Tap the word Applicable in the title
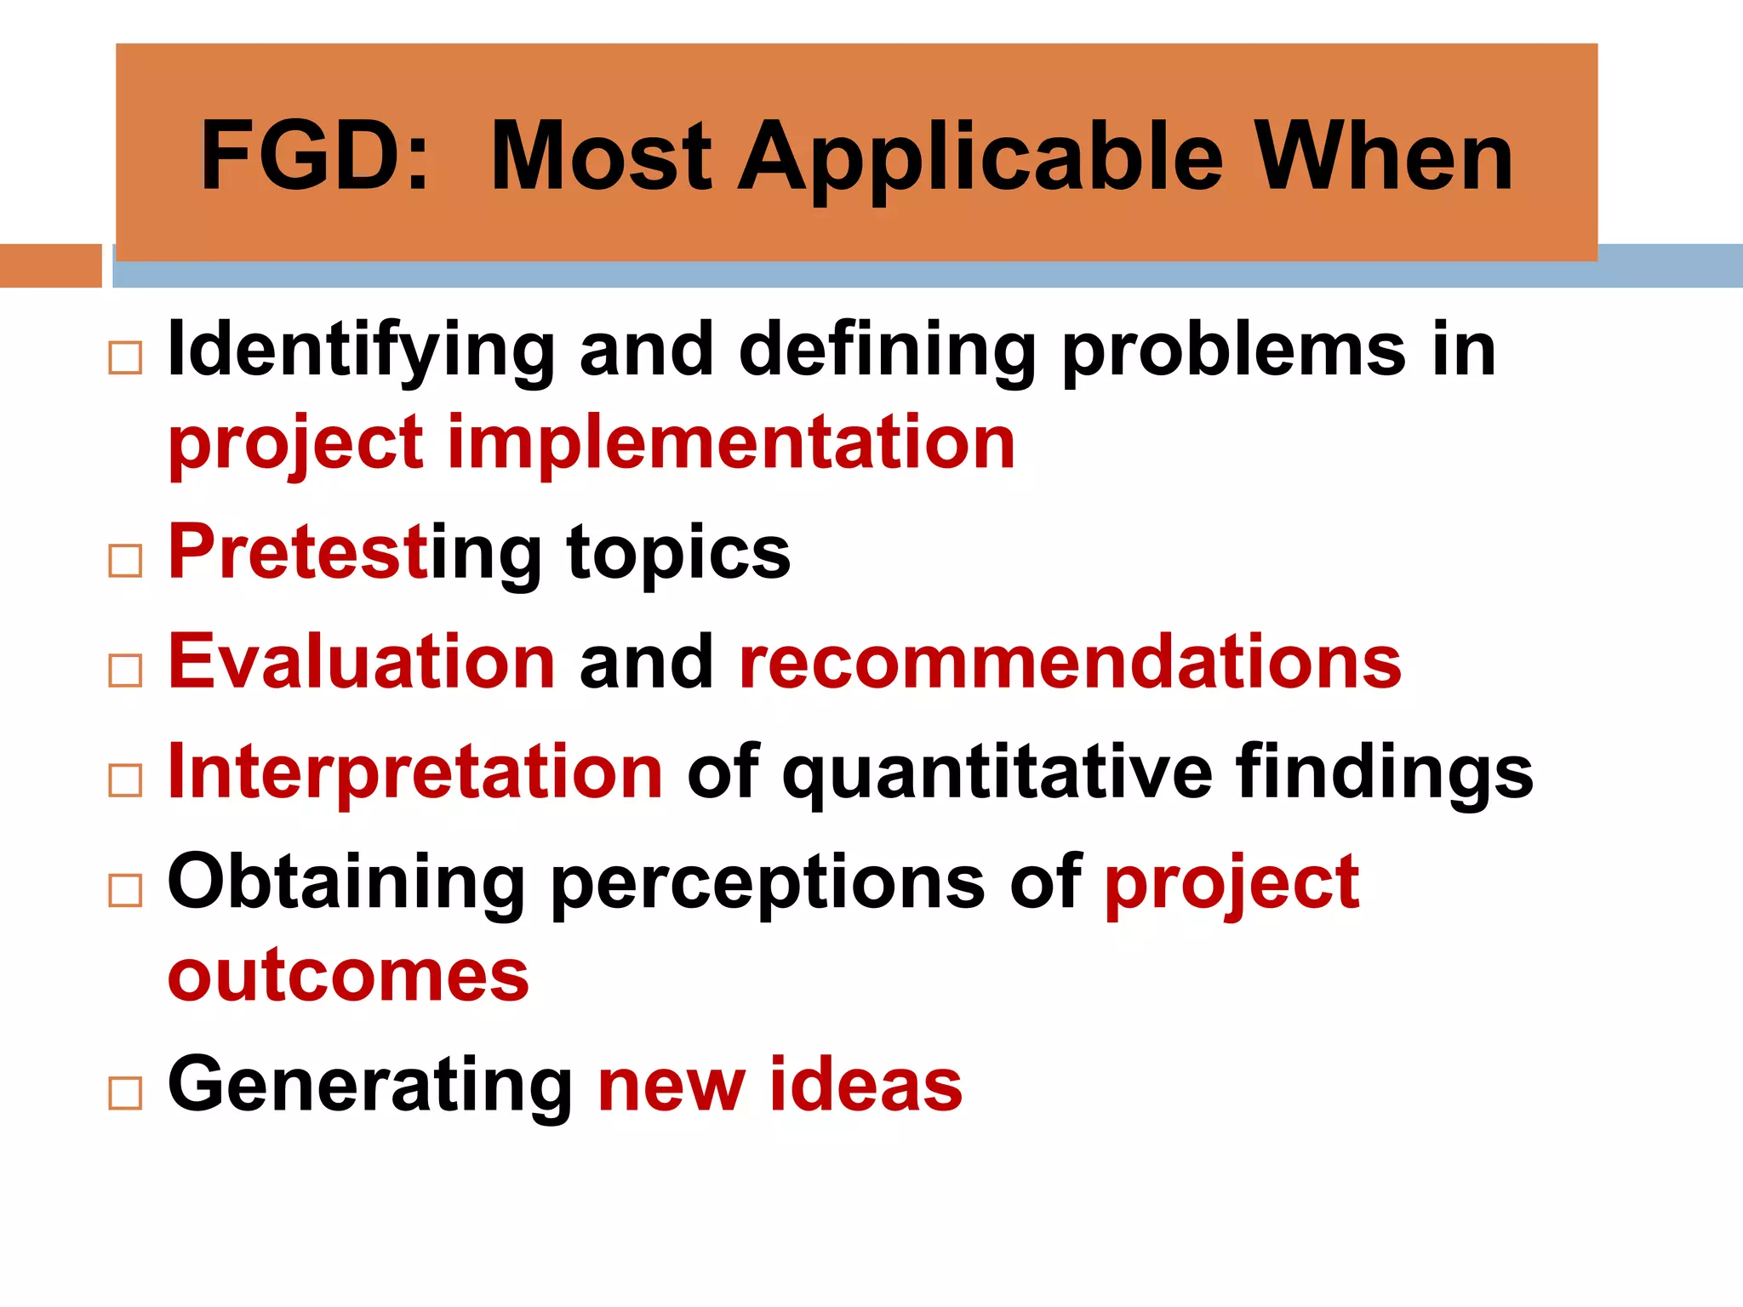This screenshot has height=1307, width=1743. [x=980, y=158]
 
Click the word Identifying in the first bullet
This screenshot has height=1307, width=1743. [x=362, y=351]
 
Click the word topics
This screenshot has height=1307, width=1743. [x=678, y=553]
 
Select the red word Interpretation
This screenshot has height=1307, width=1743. [x=415, y=772]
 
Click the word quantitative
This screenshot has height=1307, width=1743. [x=997, y=773]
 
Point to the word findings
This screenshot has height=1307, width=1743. [x=1385, y=773]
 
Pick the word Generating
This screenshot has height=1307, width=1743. [x=370, y=1084]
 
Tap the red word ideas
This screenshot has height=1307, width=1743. [x=866, y=1084]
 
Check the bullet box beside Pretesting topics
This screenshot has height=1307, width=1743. [x=125, y=561]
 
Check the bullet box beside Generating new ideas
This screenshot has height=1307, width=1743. [x=125, y=1093]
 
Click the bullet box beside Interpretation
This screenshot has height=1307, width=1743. [x=125, y=780]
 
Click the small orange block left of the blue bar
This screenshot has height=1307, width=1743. [x=50, y=265]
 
